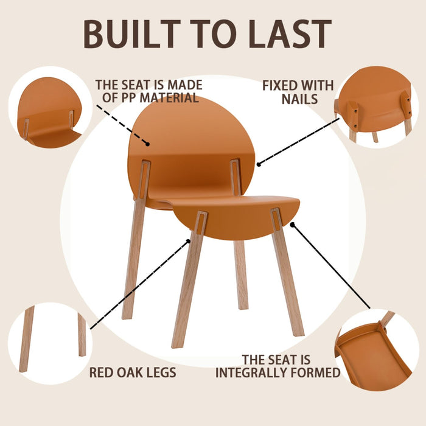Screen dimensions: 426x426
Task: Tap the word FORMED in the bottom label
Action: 315,372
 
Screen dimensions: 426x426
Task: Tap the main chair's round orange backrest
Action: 183,140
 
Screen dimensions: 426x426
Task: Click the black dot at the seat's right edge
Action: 292,225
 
